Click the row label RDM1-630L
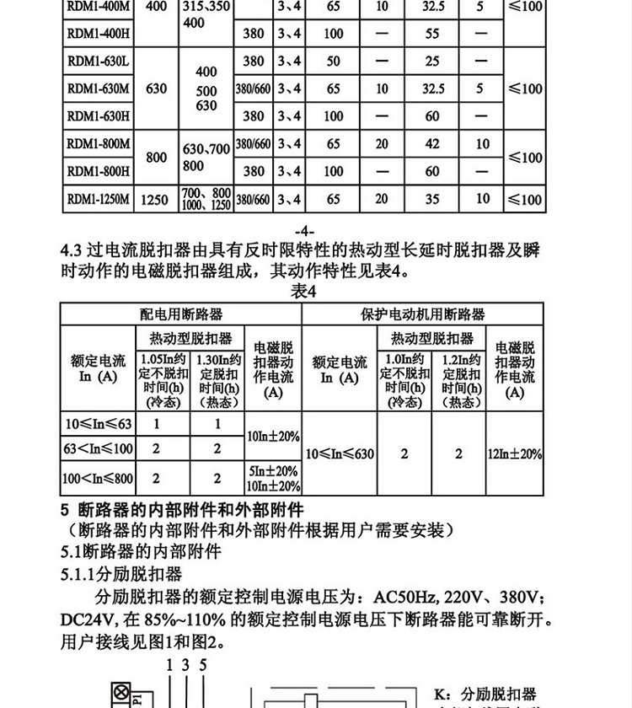(x=98, y=62)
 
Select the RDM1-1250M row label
(x=99, y=200)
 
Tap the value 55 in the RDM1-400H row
(x=432, y=34)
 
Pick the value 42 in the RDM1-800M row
(x=432, y=144)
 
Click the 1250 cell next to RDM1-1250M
(x=156, y=200)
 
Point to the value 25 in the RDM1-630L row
(x=432, y=62)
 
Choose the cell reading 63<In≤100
(x=98, y=449)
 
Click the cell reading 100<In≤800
(x=98, y=479)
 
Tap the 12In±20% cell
(x=515, y=453)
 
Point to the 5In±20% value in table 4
(x=273, y=470)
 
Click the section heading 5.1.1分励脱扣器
(x=121, y=575)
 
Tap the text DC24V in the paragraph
(x=91, y=620)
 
